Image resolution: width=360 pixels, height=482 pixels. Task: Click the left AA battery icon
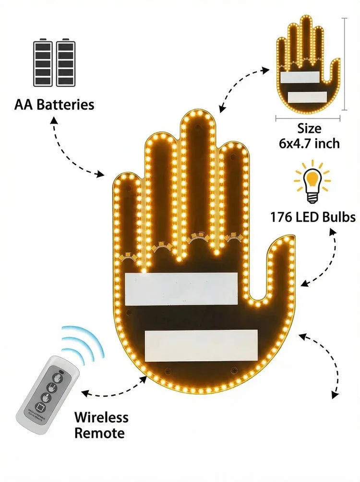click(x=42, y=62)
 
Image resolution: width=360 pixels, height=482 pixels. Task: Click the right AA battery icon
click(x=66, y=62)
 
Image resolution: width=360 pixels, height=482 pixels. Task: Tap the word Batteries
click(x=66, y=105)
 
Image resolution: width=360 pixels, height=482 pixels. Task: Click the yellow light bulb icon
click(x=312, y=181)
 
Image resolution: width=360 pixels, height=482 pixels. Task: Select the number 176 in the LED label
click(x=281, y=217)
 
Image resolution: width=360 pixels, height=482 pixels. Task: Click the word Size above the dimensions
click(x=309, y=129)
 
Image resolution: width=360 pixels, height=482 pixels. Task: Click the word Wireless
click(x=101, y=417)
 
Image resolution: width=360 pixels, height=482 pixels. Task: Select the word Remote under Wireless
click(x=99, y=433)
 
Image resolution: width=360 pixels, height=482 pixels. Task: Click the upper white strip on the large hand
click(x=181, y=289)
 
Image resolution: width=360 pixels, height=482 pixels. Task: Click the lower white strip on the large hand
click(x=201, y=346)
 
